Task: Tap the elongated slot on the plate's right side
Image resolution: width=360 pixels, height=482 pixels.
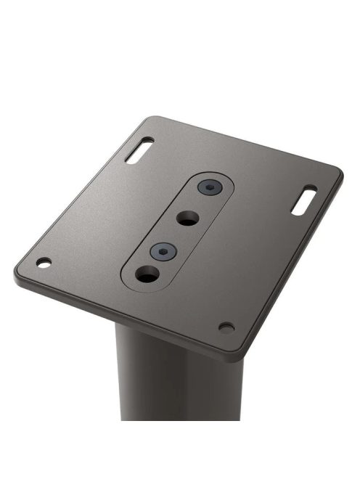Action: [x=304, y=200]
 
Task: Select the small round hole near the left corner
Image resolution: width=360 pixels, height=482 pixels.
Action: [x=44, y=261]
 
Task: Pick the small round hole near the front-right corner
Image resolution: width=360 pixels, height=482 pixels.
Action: [x=226, y=327]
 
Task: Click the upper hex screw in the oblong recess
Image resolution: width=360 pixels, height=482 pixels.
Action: [x=209, y=188]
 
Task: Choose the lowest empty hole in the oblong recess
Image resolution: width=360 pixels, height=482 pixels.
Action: [x=147, y=274]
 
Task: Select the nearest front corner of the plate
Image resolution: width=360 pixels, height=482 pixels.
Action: [x=231, y=355]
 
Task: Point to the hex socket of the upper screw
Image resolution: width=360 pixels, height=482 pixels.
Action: [x=209, y=188]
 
